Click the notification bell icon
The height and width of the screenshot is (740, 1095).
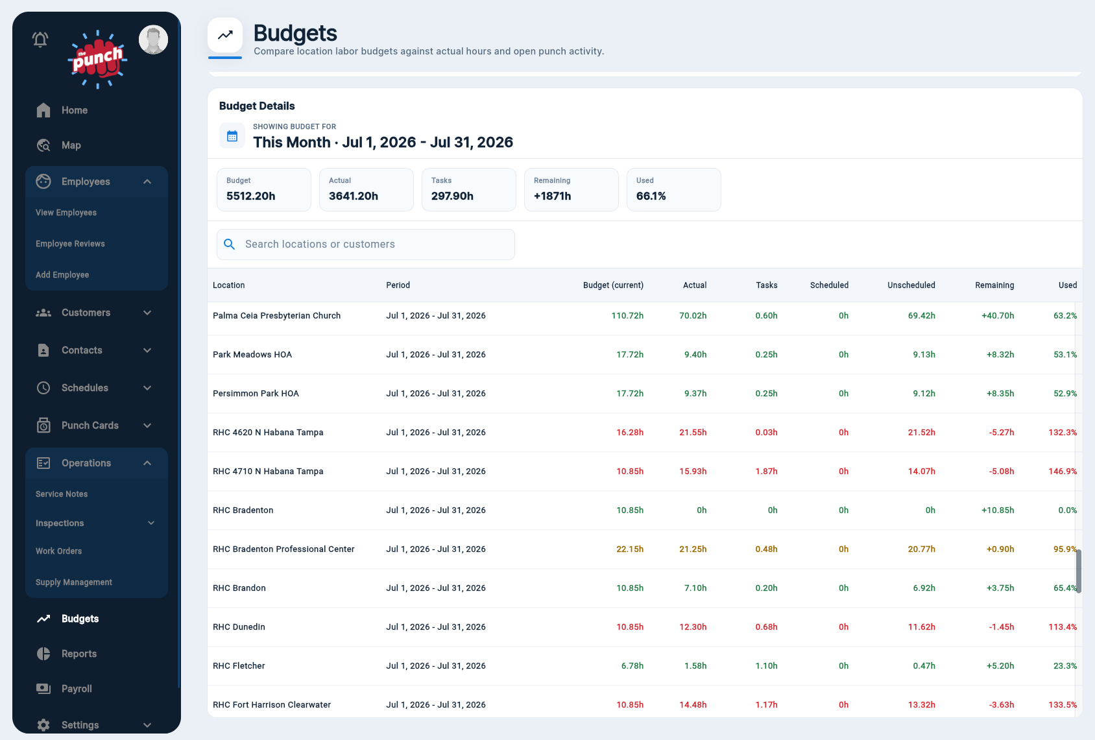pos(40,39)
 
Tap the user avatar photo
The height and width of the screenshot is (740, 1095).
pos(154,40)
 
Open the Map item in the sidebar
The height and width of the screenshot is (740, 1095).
pos(71,145)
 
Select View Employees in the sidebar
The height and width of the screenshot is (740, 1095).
pos(66,213)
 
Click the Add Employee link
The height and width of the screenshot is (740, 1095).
pos(62,275)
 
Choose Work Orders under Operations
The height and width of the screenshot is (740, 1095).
pos(58,551)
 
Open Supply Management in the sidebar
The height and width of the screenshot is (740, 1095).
pos(74,582)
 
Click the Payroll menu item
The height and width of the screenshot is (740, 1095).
pos(77,689)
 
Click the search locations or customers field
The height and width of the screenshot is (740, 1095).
pos(366,245)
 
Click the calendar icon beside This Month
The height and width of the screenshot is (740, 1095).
pos(232,136)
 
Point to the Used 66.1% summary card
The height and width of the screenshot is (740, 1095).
pos(673,189)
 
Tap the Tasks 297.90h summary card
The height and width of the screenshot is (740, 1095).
pos(469,189)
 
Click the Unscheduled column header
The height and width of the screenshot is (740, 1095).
pos(911,285)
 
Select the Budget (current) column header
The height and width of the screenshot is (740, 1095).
pos(613,285)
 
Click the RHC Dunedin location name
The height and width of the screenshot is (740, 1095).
pos(239,627)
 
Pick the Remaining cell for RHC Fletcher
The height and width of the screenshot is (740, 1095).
pos(1000,665)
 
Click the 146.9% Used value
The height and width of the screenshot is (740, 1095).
pos(1063,471)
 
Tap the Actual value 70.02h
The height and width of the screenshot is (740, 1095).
pos(693,316)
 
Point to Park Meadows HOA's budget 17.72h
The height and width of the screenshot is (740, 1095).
pos(630,354)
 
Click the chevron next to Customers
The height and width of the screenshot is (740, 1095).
pos(147,313)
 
